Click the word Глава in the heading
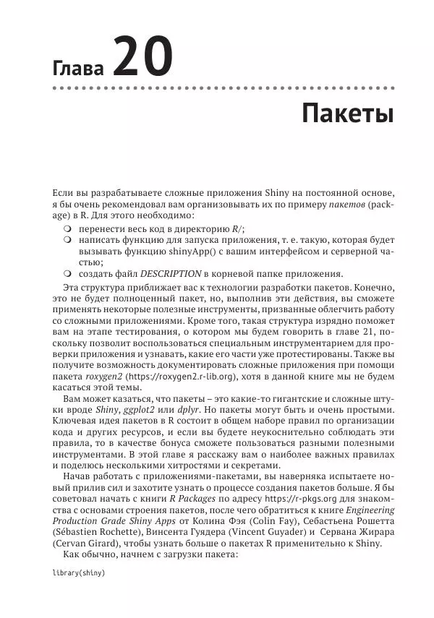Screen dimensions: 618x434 77,69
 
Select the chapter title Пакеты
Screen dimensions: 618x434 347,115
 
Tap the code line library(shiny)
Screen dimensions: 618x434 79,572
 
